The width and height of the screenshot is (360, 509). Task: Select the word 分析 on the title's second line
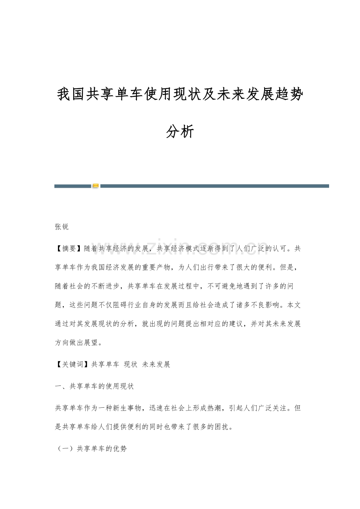coord(180,132)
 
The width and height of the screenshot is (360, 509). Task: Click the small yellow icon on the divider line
coord(95,186)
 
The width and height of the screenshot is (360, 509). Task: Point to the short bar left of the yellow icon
coord(72,186)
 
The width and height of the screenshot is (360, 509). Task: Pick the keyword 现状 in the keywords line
coord(130,364)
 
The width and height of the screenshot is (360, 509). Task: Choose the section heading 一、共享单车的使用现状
coord(94,386)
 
